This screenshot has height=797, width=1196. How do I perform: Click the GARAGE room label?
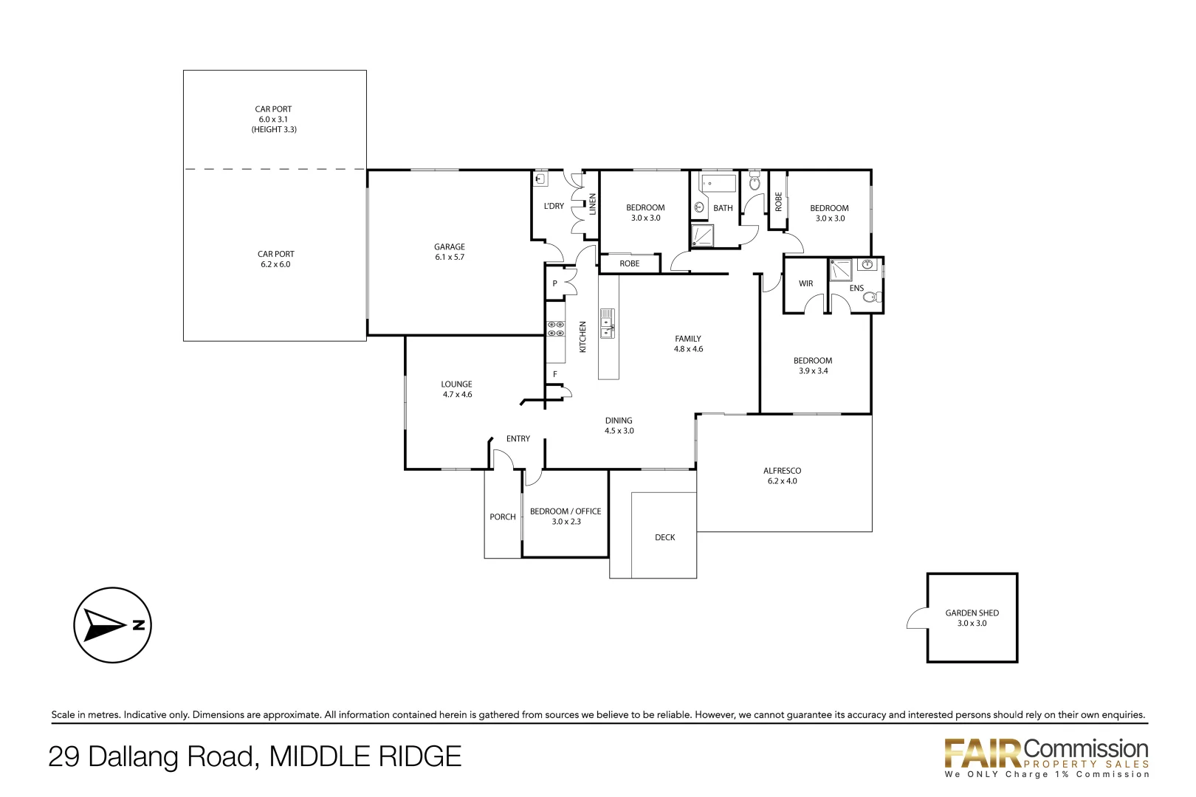[x=449, y=247]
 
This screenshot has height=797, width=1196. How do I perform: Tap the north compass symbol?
[x=112, y=625]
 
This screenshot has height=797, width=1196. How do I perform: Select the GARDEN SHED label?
[x=972, y=613]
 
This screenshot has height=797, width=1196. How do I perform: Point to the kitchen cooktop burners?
[x=555, y=329]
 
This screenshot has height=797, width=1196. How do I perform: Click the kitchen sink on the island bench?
[x=608, y=323]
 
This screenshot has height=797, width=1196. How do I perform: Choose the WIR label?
[x=805, y=283]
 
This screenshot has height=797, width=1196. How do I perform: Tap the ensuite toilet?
[x=872, y=297]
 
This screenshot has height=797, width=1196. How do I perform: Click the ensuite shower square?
[x=840, y=270]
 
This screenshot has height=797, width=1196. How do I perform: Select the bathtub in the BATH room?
[x=718, y=183]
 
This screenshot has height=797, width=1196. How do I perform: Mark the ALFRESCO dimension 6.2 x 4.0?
[x=782, y=481]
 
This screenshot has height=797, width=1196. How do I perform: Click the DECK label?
[x=664, y=537]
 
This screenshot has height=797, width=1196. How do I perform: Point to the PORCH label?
[x=503, y=517]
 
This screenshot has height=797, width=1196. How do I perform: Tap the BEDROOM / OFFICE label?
[x=566, y=511]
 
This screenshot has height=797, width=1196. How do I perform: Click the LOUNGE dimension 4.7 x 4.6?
[x=457, y=395]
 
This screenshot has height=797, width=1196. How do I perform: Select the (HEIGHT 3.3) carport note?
[x=274, y=130]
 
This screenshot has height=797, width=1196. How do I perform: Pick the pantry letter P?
[x=555, y=283]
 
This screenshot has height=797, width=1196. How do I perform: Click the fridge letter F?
[x=555, y=375]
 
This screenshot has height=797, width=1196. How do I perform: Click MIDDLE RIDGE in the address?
[x=365, y=757]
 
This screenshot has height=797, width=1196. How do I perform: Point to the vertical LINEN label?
[x=592, y=204]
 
